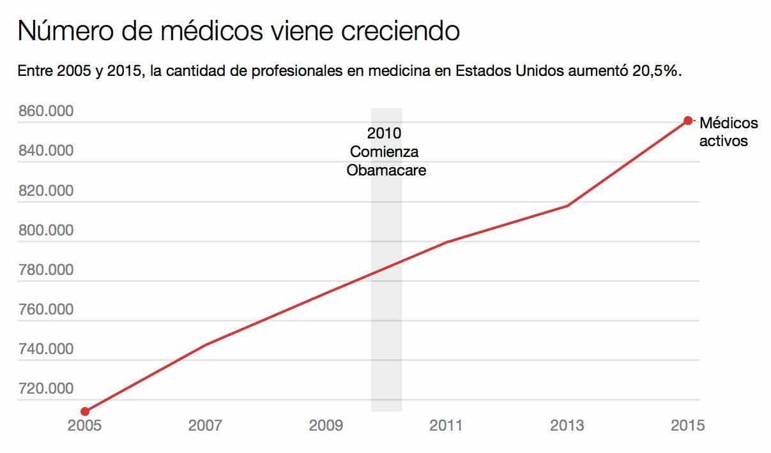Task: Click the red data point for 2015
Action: (688, 121)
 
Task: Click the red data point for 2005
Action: (85, 412)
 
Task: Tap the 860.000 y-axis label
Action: (45, 112)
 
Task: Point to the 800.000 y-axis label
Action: (45, 230)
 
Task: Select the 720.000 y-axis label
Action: (45, 389)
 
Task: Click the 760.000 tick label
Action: (45, 309)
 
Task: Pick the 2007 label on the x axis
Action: (205, 426)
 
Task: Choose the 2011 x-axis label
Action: (447, 426)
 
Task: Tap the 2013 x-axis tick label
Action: (567, 426)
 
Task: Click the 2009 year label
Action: (326, 426)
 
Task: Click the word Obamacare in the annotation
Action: (386, 171)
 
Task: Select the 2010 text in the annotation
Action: (385, 133)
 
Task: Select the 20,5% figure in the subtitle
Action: (657, 71)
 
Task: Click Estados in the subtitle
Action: (482, 71)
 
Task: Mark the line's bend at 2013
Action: (567, 205)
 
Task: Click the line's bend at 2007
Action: (205, 345)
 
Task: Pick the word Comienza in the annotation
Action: (385, 152)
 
